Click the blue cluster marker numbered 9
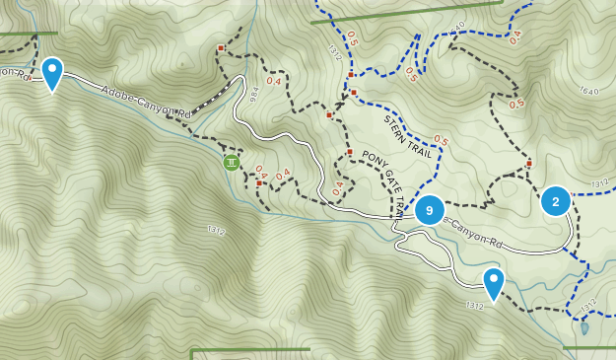tap(429, 210)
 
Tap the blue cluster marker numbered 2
tap(556, 202)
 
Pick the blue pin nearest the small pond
tap(493, 283)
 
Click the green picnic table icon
tap(232, 162)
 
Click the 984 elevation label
tap(253, 95)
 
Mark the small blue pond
tap(584, 327)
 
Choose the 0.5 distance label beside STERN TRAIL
tap(441, 141)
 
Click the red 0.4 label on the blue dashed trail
tap(514, 37)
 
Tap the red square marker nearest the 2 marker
tap(529, 164)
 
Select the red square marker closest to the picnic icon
tap(259, 182)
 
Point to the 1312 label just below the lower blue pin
tap(474, 307)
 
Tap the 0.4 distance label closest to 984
tap(272, 79)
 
